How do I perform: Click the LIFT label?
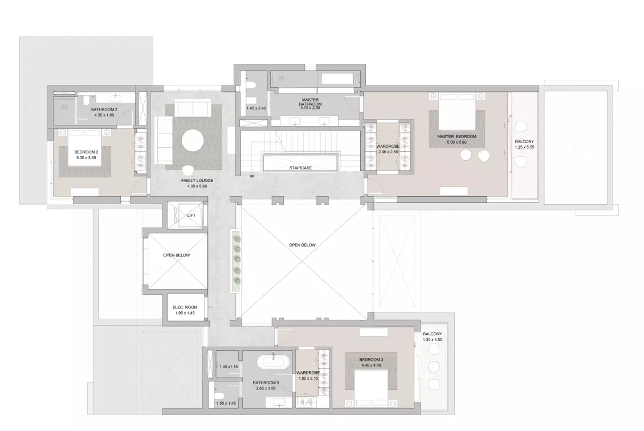(191, 215)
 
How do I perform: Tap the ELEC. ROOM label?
(185, 307)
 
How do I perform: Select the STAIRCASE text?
(300, 168)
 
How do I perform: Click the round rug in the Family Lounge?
(193, 140)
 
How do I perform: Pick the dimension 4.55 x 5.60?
(197, 186)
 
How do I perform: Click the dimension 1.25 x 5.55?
(524, 147)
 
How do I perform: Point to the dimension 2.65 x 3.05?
(266, 388)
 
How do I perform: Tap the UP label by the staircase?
(252, 176)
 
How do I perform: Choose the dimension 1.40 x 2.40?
(256, 108)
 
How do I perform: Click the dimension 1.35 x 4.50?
(432, 340)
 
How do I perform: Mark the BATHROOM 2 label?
(104, 109)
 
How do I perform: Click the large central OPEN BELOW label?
(302, 245)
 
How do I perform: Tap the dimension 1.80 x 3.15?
(307, 378)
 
